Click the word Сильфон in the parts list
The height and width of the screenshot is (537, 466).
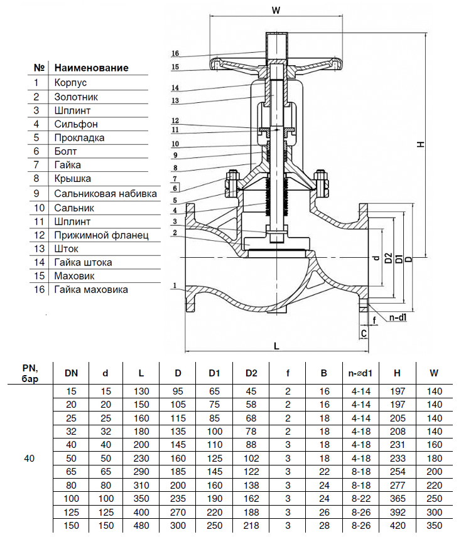(x=76, y=124)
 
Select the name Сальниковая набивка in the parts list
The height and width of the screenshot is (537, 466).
(x=105, y=193)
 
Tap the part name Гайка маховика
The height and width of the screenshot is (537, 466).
(x=91, y=289)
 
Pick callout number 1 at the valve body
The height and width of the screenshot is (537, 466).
(x=173, y=285)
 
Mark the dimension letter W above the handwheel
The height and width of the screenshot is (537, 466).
(x=275, y=10)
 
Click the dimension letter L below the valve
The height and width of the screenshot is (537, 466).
(x=276, y=345)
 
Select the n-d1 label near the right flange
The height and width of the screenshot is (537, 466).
(x=398, y=318)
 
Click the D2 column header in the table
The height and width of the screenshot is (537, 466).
(x=251, y=373)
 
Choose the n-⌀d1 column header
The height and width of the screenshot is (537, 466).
(x=360, y=373)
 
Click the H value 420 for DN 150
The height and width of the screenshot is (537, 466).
(x=397, y=525)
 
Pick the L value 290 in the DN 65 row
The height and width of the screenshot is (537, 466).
(x=141, y=470)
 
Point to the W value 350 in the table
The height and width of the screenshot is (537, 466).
(x=434, y=525)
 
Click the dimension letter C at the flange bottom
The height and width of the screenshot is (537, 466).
(x=364, y=332)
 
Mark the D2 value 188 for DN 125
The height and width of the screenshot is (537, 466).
(x=251, y=511)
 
